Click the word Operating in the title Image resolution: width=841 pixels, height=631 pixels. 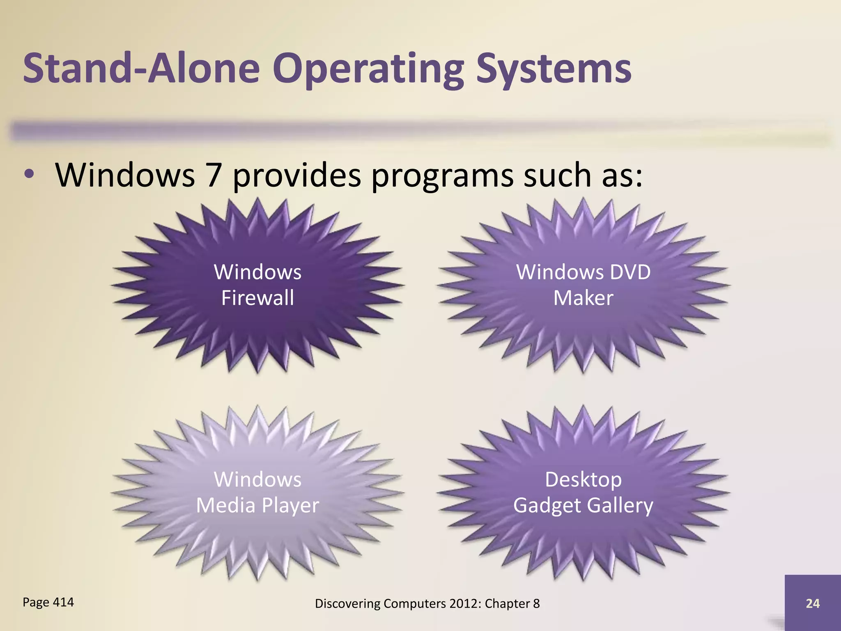pyautogui.click(x=368, y=69)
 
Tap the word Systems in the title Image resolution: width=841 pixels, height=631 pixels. pyautogui.click(x=554, y=69)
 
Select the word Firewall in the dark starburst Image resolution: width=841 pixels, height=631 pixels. pyautogui.click(x=257, y=298)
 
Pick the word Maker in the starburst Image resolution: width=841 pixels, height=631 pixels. pyautogui.click(x=583, y=298)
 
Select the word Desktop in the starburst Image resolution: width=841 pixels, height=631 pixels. pyautogui.click(x=583, y=480)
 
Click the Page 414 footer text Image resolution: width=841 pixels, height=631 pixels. pyautogui.click(x=48, y=602)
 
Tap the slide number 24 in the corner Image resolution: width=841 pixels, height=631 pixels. pyautogui.click(x=813, y=603)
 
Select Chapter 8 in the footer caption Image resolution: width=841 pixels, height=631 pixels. pyautogui.click(x=512, y=603)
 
